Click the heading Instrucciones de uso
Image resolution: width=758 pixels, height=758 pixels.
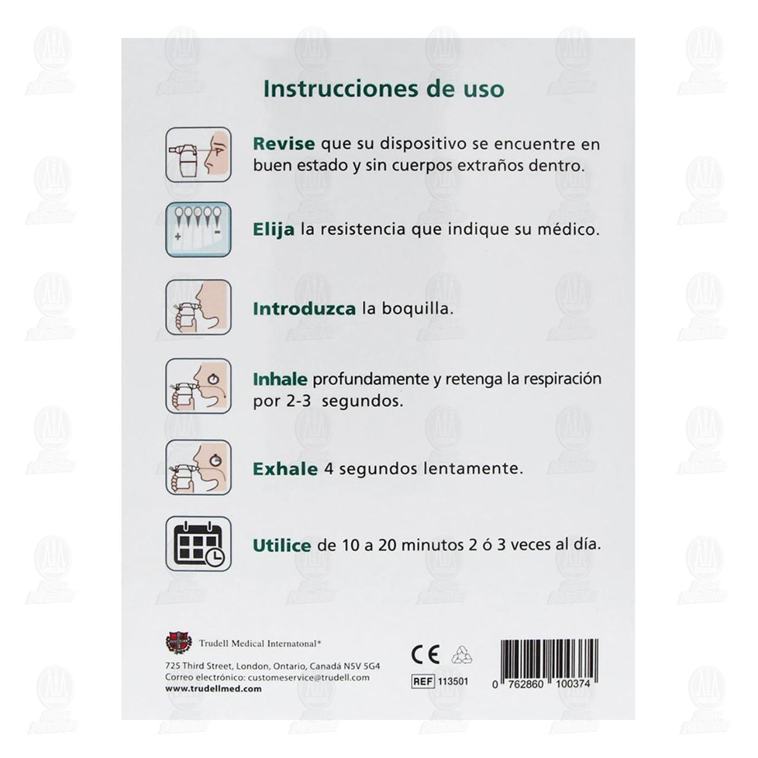click(384, 89)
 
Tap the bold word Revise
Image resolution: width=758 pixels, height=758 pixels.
click(283, 144)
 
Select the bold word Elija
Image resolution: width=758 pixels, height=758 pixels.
click(273, 229)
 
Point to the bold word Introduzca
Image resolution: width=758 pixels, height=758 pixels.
click(304, 309)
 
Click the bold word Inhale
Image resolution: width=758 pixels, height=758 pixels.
click(280, 379)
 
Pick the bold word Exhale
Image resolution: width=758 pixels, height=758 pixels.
click(285, 469)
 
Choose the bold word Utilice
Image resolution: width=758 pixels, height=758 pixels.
click(282, 545)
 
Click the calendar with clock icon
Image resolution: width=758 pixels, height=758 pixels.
click(198, 544)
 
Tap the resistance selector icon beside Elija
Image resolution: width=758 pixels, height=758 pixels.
click(198, 229)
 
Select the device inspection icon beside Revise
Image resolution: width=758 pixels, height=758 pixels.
click(198, 154)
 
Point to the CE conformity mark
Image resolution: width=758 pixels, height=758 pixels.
click(425, 654)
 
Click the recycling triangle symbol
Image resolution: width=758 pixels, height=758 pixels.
click(461, 654)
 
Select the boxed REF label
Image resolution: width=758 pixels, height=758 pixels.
click(423, 682)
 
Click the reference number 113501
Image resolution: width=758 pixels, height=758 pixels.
click(453, 682)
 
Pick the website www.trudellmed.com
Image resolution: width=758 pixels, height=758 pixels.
click(213, 689)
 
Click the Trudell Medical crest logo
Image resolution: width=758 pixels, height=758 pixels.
click(178, 643)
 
